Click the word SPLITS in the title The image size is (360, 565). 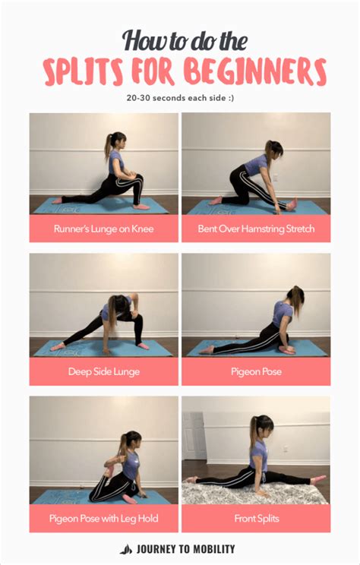(84, 73)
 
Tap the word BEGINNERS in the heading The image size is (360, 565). (259, 73)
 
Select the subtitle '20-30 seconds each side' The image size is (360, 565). (180, 98)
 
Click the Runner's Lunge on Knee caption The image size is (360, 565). (103, 228)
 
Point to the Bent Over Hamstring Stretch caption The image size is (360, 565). (256, 228)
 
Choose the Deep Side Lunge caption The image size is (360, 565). (103, 372)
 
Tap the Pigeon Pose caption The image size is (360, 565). (256, 372)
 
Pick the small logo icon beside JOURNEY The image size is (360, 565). (126, 549)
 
